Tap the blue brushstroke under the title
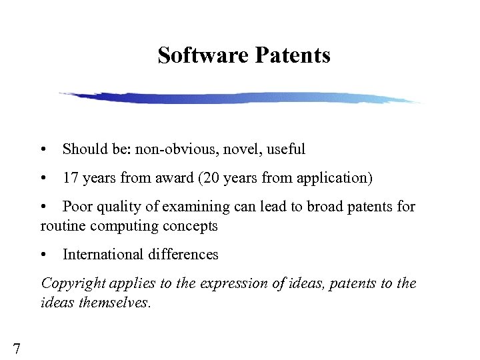tap(240, 98)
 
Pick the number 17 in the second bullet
tap(70, 178)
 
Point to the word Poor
tap(77, 207)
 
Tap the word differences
tap(185, 254)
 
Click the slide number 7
tap(16, 347)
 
